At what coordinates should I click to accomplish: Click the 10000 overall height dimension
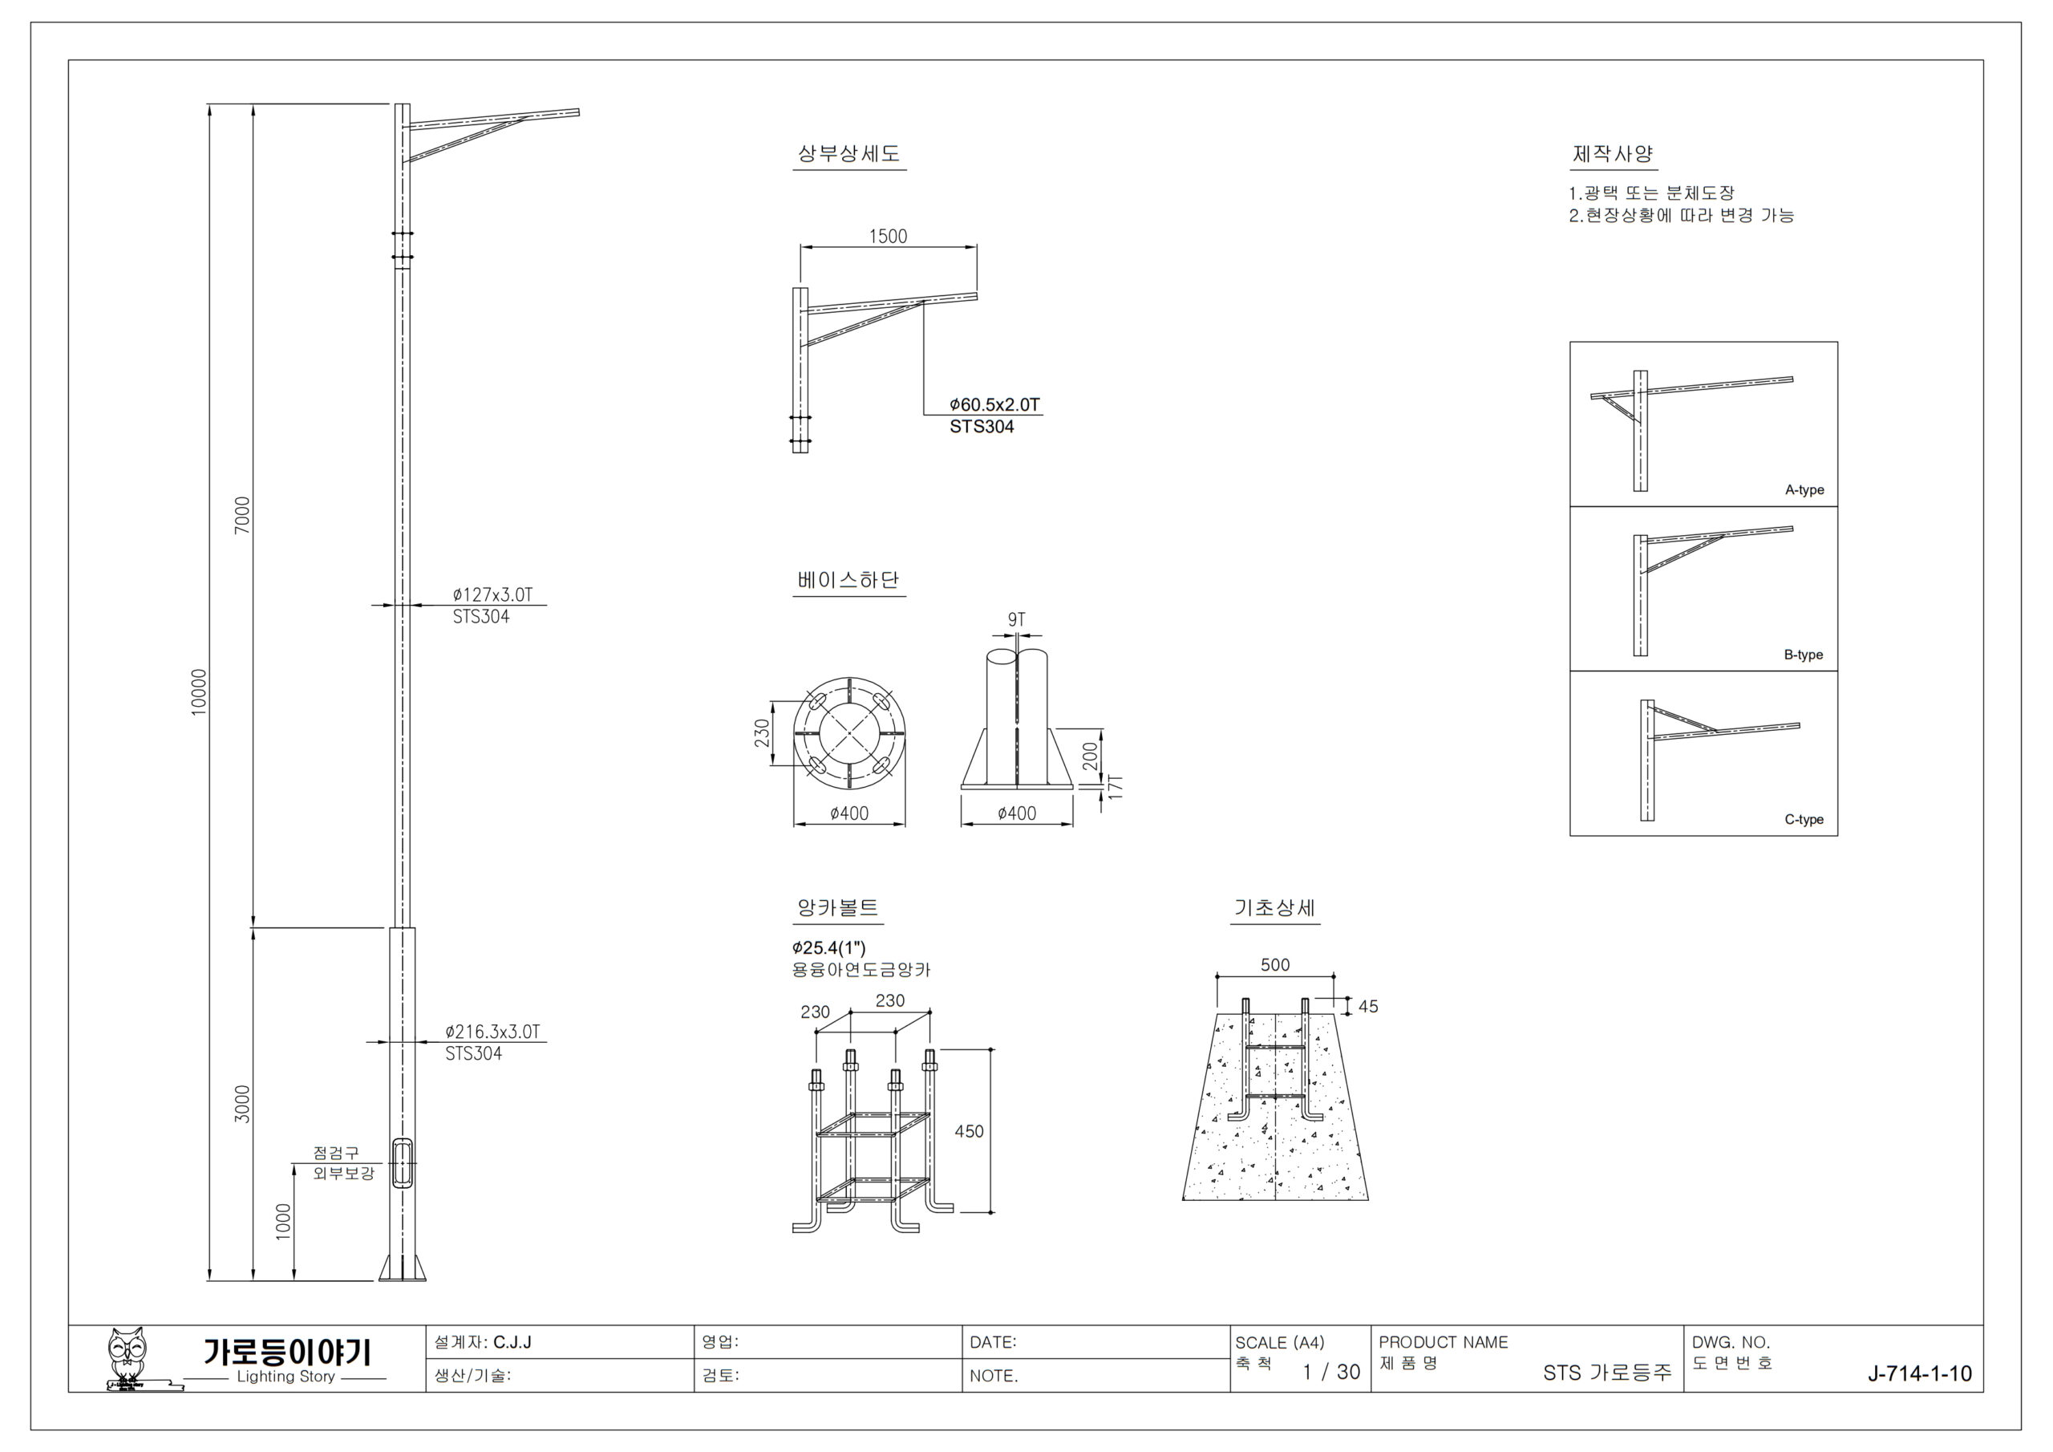click(199, 692)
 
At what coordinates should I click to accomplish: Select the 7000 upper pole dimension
click(242, 516)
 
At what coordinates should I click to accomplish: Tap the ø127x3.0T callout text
click(492, 595)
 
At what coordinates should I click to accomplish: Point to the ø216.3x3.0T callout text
click(492, 1032)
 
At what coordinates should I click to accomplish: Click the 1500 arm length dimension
click(888, 236)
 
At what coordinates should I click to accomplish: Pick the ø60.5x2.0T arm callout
click(995, 404)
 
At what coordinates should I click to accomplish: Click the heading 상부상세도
click(848, 154)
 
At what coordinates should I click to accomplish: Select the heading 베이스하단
click(848, 580)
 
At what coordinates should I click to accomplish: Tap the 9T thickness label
click(1017, 619)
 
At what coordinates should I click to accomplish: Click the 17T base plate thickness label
click(1115, 786)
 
